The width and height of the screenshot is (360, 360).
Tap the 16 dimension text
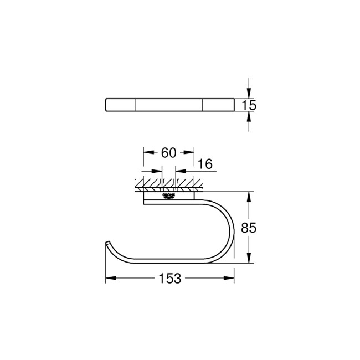tap(204, 163)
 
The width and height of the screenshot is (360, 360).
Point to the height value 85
tap(249, 228)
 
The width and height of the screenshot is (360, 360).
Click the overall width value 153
tap(169, 279)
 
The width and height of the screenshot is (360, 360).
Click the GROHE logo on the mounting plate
tap(169, 196)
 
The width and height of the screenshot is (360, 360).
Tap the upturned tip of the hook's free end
tap(107, 244)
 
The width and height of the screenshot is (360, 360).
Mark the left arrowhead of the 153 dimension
tap(109, 279)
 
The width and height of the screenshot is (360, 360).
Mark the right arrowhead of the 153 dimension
tap(231, 279)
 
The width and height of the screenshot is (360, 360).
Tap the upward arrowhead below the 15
tap(249, 117)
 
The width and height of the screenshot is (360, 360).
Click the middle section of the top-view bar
tap(169, 105)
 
